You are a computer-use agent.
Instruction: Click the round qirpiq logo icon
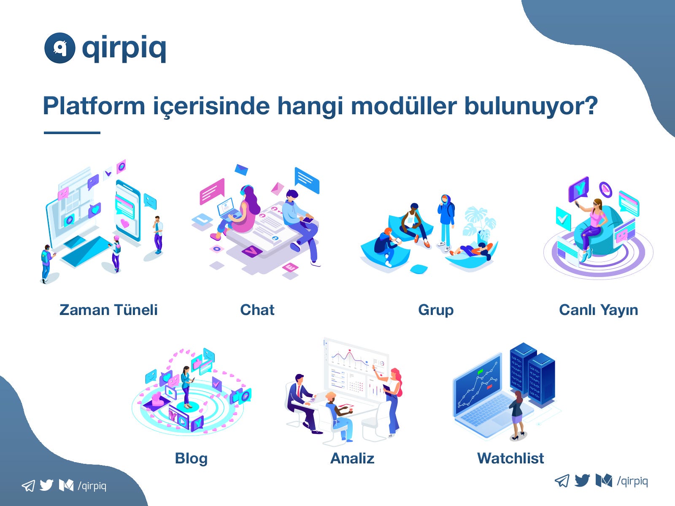[x=59, y=48]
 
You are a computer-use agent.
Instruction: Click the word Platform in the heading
[x=94, y=106]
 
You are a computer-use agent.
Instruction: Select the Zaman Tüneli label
[x=108, y=310]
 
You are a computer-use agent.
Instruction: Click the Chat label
[x=257, y=310]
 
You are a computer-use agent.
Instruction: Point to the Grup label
[x=436, y=310]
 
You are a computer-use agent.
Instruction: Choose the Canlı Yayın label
[x=598, y=310]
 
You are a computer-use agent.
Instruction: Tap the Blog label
[x=191, y=459]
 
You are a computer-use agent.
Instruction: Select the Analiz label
[x=352, y=458]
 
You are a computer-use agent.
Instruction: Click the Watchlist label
[x=510, y=458]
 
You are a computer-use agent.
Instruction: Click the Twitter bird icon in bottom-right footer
[x=582, y=481]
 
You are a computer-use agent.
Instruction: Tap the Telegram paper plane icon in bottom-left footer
[x=28, y=486]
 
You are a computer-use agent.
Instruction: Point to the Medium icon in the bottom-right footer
[x=604, y=481]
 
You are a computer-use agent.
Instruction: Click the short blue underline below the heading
[x=72, y=133]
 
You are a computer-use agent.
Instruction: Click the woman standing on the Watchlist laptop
[x=517, y=415]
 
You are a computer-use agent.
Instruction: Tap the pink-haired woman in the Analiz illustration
[x=391, y=399]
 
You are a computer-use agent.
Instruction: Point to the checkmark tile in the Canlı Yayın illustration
[x=563, y=219]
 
